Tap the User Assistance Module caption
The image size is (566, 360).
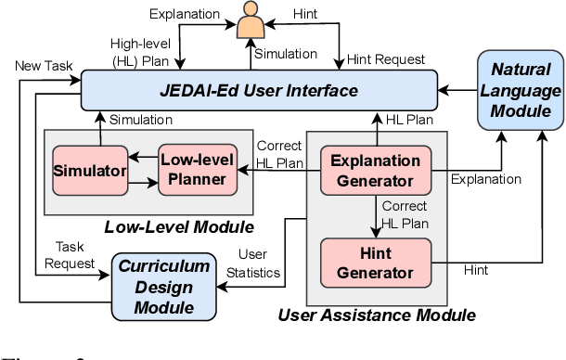click(377, 315)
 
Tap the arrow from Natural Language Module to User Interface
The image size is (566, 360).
click(454, 91)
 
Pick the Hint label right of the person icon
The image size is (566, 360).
click(305, 16)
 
